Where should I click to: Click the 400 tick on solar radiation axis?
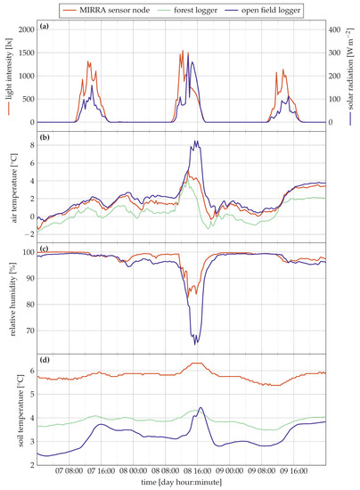(x=336, y=29)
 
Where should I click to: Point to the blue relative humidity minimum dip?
(x=196, y=343)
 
